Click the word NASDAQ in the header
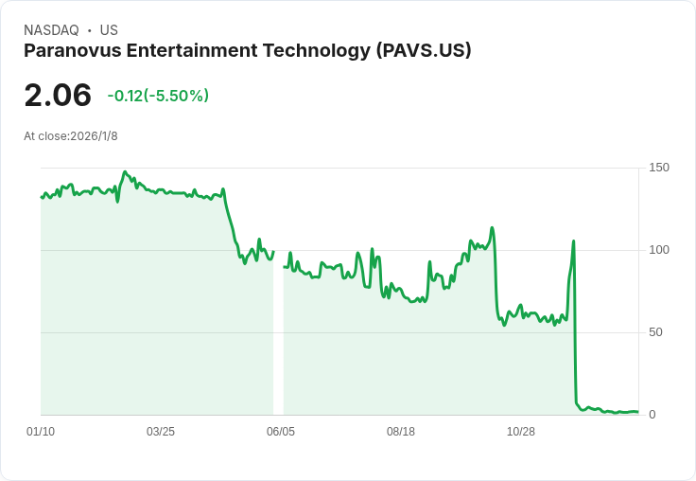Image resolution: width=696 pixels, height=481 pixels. [51, 30]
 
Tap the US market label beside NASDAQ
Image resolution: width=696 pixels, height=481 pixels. [109, 30]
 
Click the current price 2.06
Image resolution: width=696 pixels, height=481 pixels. [58, 96]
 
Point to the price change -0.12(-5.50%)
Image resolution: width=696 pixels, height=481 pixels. [158, 96]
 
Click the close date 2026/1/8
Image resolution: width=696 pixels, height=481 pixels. [94, 136]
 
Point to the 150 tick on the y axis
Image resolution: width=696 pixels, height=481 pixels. [659, 168]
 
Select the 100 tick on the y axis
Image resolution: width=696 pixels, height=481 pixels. [659, 250]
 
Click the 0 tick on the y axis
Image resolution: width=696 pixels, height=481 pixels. [652, 415]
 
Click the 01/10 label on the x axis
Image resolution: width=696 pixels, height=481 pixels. [41, 432]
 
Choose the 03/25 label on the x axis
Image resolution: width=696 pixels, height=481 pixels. [161, 432]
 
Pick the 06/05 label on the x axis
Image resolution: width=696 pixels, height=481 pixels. [281, 432]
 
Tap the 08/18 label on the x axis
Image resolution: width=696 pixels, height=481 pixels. [401, 432]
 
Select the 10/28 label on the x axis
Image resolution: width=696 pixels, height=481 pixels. [521, 432]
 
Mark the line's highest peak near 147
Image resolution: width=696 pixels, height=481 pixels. [125, 172]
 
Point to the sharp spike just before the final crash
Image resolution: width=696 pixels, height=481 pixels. [573, 241]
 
